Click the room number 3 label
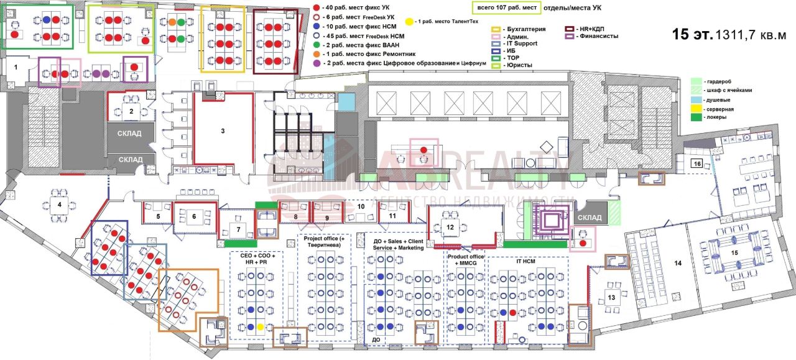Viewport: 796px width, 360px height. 222,131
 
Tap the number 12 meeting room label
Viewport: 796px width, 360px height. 450,227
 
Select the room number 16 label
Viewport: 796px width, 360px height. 698,164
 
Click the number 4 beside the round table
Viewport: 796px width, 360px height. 60,205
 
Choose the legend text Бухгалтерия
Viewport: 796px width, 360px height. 525,29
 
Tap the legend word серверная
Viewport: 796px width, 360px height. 719,109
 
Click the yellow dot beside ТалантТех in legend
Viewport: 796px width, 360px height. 409,22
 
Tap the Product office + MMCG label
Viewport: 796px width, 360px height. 465,261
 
